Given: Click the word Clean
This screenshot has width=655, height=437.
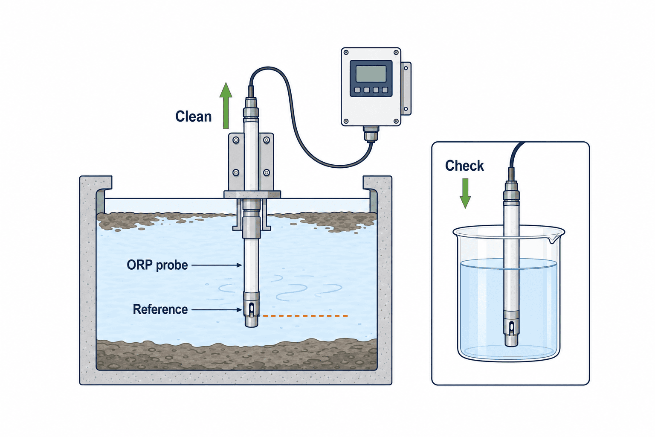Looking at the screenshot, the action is pos(193,116).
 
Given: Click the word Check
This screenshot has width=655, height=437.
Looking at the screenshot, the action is pos(464,166).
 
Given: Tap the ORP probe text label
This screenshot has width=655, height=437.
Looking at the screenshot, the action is pos(157,265).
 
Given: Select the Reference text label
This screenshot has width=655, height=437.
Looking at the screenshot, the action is pos(160,309).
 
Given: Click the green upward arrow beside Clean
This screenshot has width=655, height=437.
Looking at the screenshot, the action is pos(226,106).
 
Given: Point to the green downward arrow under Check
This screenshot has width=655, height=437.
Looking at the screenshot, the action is pos(465,193).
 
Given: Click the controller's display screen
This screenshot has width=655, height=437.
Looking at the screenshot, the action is pos(371,74).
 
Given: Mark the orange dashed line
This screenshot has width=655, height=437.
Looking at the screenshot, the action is pos(304,316).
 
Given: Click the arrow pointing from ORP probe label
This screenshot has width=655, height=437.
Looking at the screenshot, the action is pos(216,265).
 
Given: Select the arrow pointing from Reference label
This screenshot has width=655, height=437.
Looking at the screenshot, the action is pos(217,310).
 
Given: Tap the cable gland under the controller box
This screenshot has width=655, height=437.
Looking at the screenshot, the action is pos(371,134).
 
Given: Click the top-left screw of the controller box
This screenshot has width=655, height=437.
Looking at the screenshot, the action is pos(346,52).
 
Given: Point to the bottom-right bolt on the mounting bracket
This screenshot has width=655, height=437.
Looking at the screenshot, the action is pos(267,172).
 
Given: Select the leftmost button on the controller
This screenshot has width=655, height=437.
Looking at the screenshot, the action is pos(357,90).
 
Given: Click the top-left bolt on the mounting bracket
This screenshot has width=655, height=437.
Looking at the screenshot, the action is pos(236,140).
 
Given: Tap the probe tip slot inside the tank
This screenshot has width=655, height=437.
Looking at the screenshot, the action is pos(252,309).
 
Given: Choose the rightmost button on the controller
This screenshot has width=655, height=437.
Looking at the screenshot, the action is pos(385,90).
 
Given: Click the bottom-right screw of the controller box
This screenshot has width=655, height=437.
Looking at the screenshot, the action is pos(396,121).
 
